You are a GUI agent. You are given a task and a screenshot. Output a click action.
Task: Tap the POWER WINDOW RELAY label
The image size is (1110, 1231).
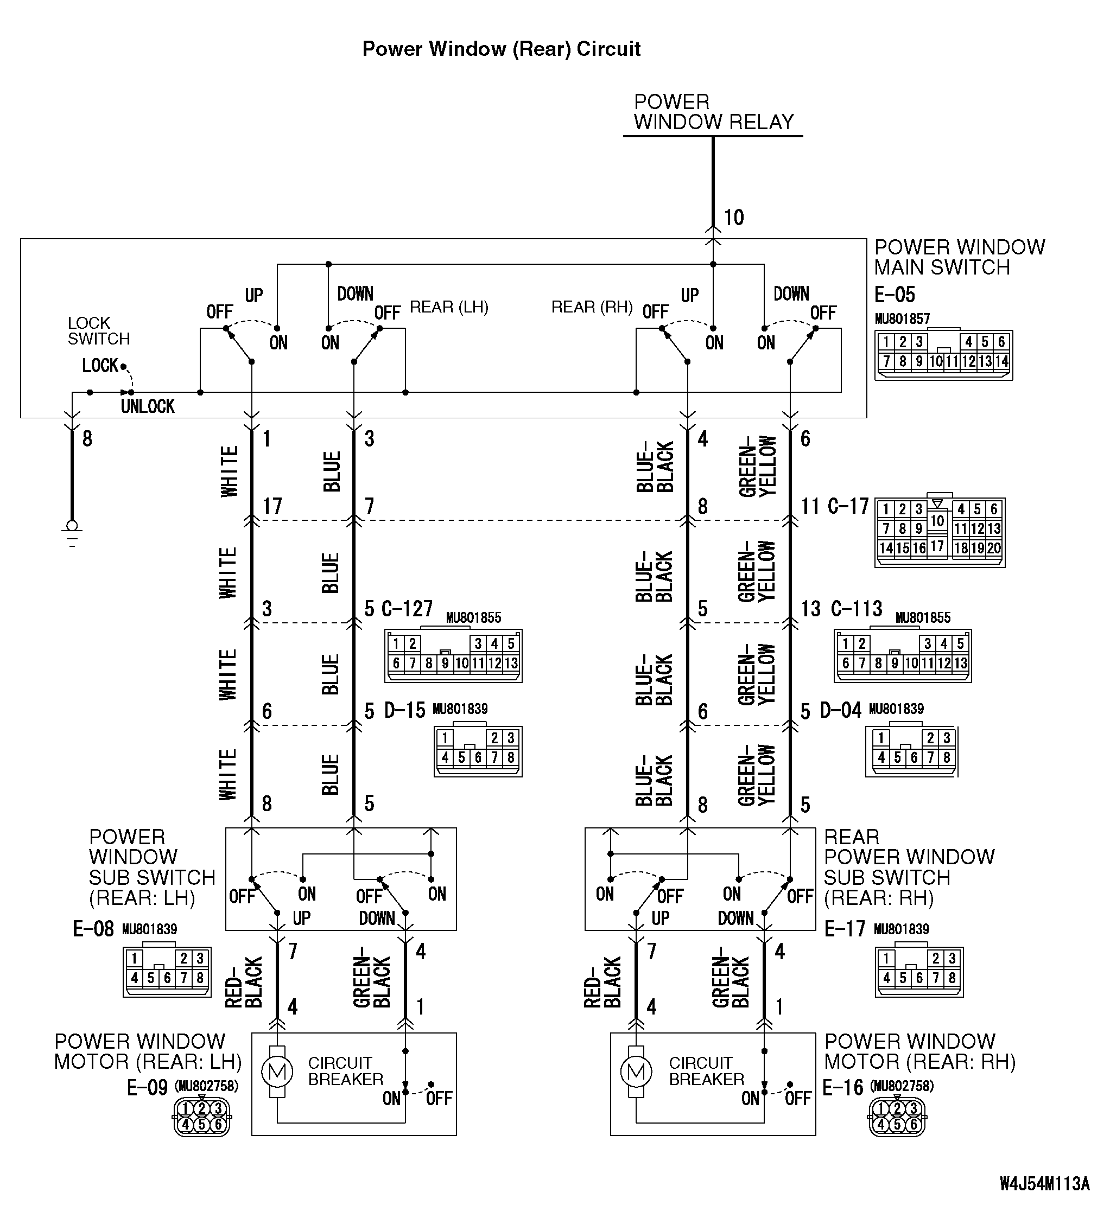713,112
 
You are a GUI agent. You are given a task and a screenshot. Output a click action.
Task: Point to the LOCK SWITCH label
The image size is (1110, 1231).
98,331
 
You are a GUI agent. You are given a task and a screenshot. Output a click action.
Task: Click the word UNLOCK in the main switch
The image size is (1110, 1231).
148,406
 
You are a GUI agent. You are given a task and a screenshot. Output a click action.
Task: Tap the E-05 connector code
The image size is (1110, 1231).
895,295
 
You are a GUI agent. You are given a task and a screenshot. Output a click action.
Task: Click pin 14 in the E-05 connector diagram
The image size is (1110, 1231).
1001,361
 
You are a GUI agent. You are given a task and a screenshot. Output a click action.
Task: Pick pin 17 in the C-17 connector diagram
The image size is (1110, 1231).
937,546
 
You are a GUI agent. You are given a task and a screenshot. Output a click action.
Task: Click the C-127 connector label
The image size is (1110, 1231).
407,609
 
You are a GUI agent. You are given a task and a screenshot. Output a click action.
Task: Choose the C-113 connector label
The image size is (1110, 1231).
857,609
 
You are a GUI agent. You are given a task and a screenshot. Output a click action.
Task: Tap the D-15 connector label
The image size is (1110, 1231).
404,710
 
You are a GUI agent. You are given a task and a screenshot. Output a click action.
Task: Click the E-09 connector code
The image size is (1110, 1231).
147,1087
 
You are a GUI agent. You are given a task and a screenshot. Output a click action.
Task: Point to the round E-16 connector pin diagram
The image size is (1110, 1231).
897,1117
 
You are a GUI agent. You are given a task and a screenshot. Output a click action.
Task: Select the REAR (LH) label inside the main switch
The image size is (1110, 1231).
449,307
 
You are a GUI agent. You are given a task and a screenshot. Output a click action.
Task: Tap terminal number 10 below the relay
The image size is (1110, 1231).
734,218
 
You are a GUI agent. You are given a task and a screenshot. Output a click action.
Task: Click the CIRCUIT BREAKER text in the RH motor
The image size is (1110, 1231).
706,1070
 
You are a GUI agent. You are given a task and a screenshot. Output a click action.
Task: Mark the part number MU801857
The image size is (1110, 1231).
902,318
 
